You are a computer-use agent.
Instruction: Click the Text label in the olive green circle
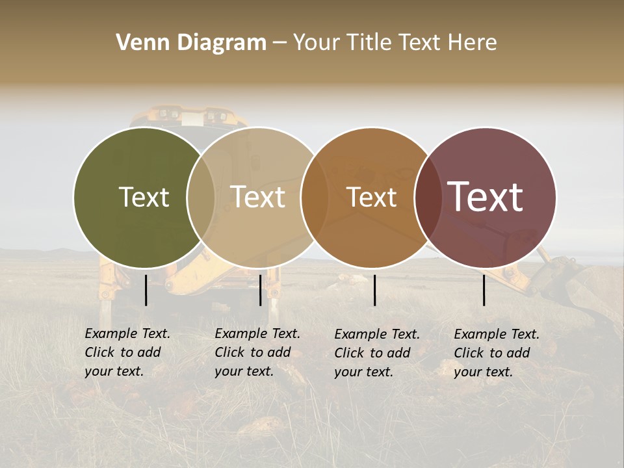144,197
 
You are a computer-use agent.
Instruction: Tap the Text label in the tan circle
257,197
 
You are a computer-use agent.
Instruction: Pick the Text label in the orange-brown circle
371,197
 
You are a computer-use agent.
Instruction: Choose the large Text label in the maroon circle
485,197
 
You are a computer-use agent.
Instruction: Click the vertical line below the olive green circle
146,290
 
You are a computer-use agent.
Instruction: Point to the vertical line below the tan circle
260,290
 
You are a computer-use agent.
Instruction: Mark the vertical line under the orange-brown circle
374,290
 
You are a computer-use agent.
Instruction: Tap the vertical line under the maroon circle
484,290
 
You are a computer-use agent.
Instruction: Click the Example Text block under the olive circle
127,352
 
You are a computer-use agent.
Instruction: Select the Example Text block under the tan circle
257,352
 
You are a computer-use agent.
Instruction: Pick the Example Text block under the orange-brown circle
377,353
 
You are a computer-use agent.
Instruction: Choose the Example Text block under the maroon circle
497,353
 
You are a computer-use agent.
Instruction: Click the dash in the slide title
279,43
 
